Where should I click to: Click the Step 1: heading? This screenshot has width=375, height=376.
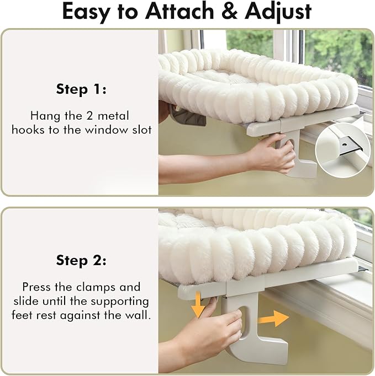click(81, 89)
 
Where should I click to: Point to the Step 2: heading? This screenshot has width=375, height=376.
click(81, 260)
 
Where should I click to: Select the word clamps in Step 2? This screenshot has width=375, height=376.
click(94, 287)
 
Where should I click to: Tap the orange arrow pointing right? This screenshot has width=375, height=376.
click(276, 318)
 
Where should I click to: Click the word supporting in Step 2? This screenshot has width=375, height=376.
click(122, 302)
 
